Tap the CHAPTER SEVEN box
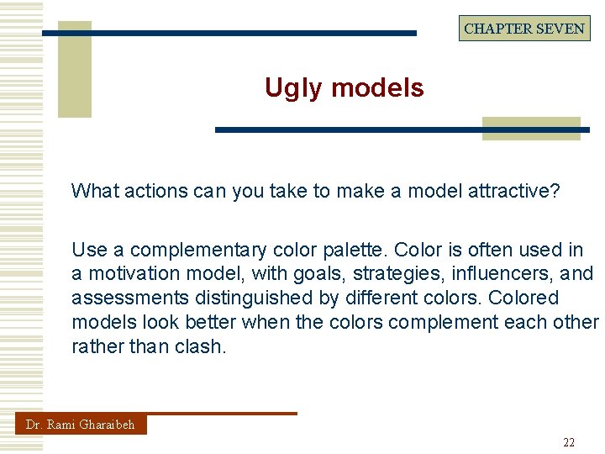coord(523,29)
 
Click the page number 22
coord(569,442)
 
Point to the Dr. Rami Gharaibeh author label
coord(81,425)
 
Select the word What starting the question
coord(95,191)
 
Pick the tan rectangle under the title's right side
coord(531,128)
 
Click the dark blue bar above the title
coord(229,34)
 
